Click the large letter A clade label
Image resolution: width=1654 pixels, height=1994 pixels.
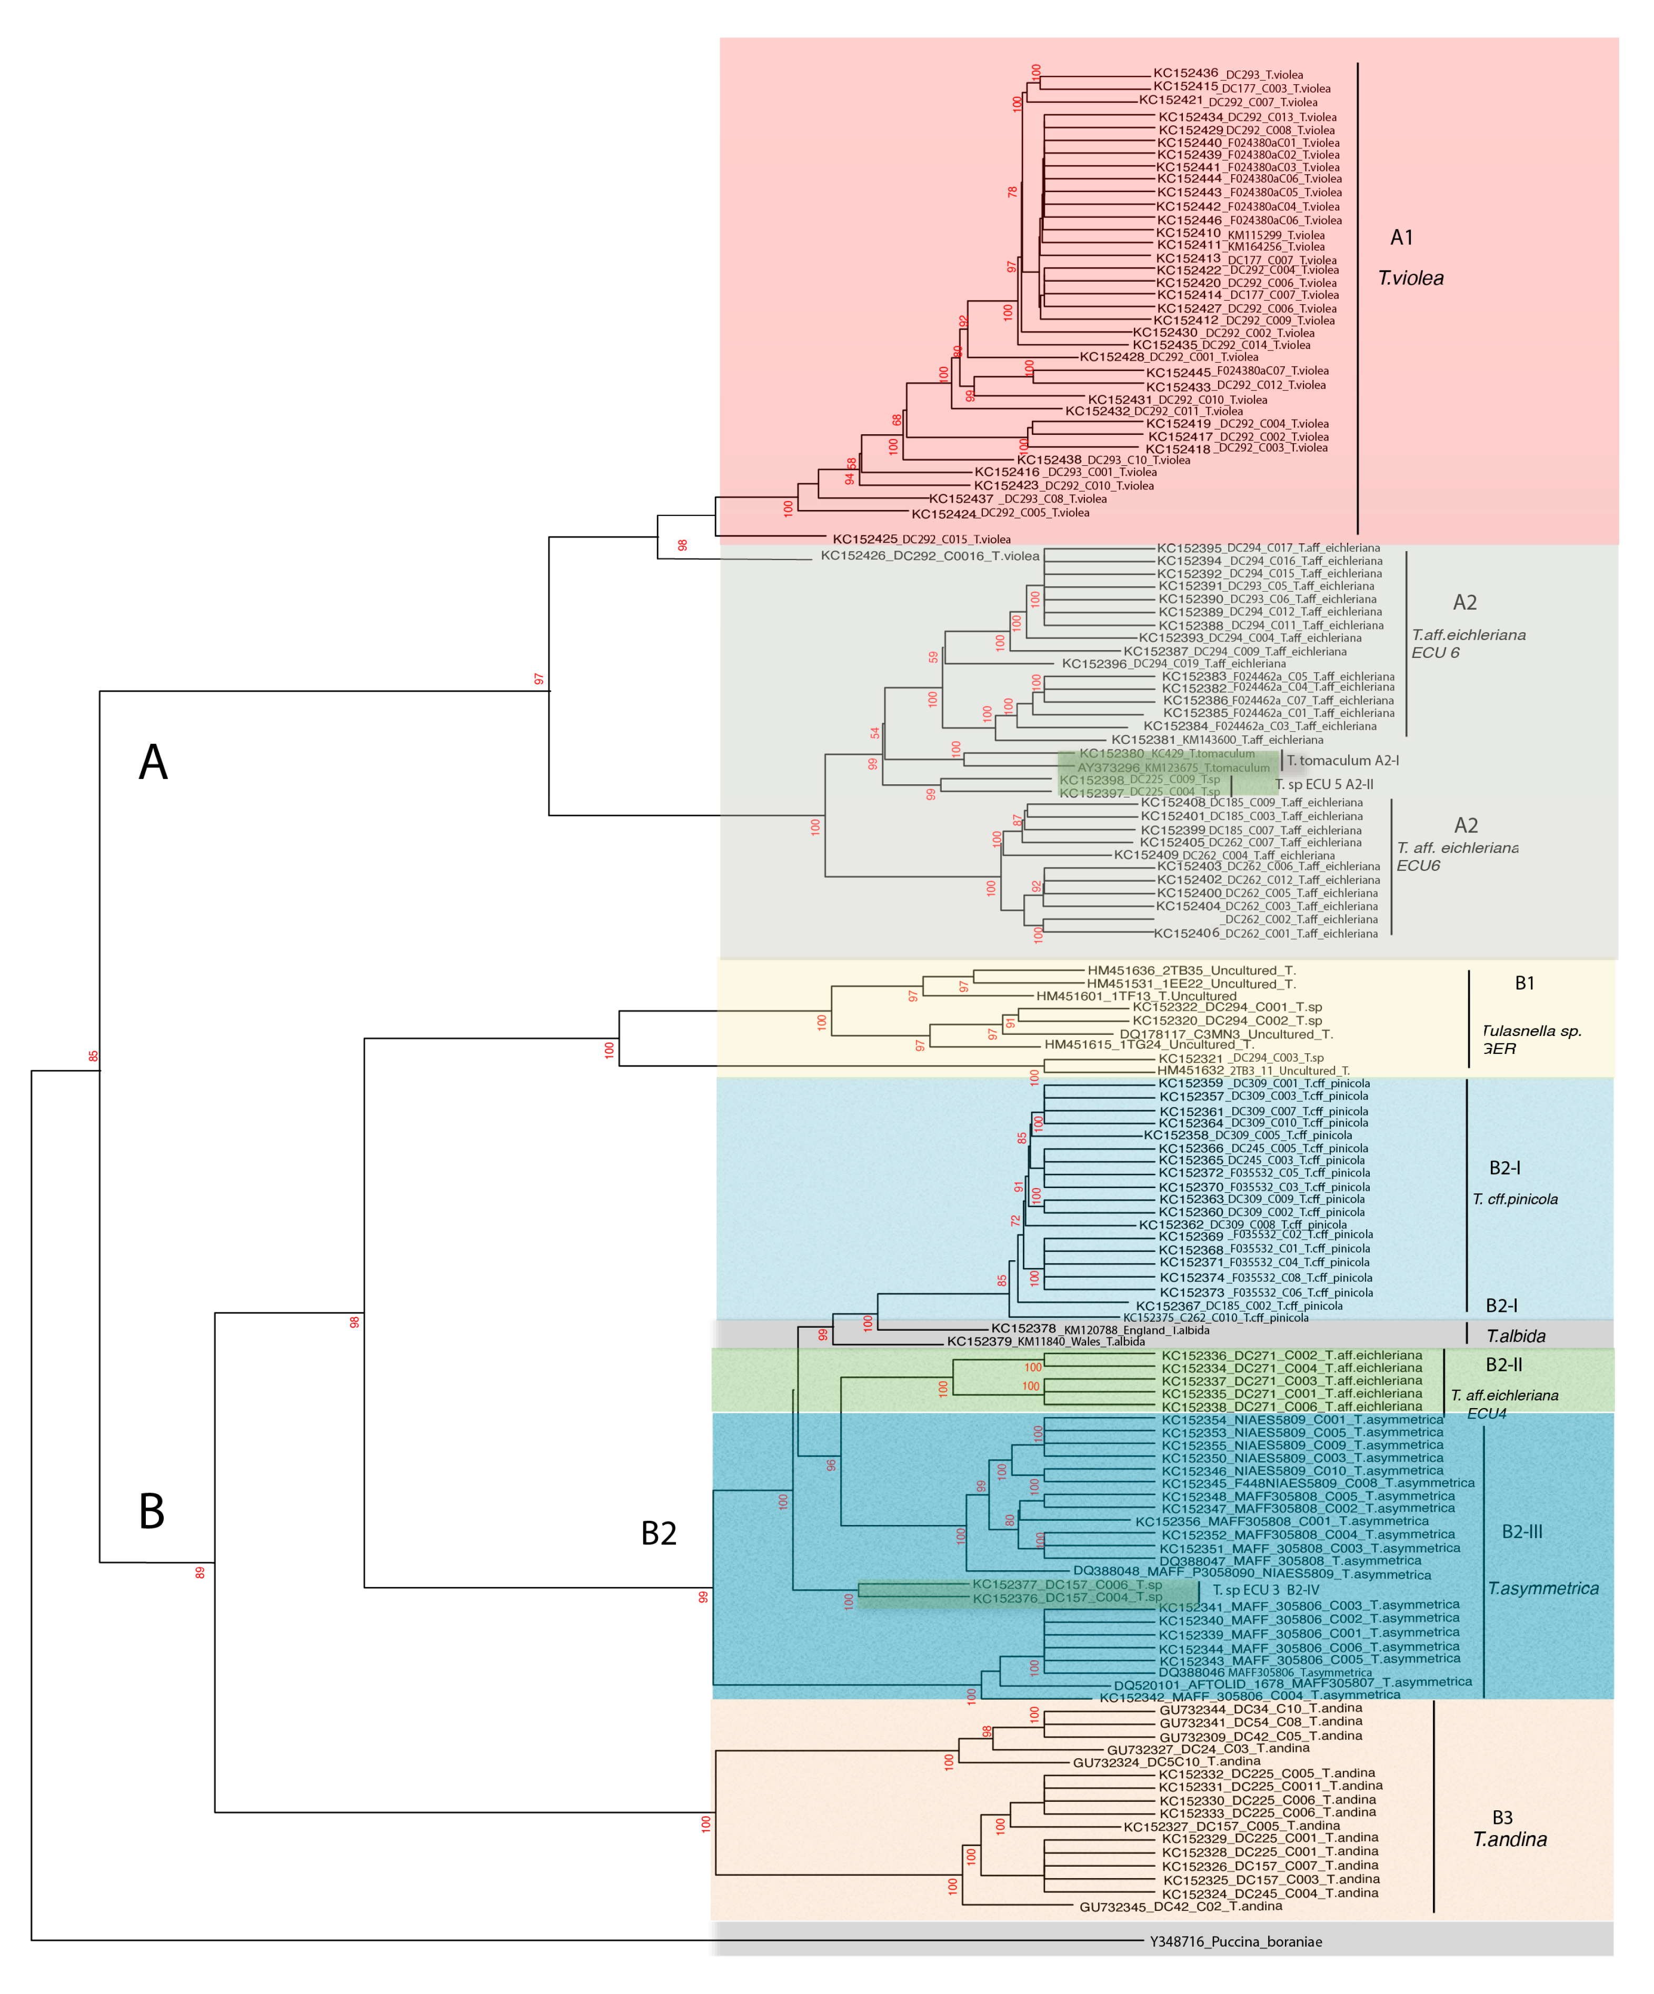(153, 762)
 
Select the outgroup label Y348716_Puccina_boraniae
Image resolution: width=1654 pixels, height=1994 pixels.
(1235, 1942)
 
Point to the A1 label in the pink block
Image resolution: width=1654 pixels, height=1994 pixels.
(1401, 237)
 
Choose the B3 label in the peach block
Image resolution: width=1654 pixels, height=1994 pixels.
(1502, 1817)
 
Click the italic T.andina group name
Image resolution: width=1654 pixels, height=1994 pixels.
(1510, 1839)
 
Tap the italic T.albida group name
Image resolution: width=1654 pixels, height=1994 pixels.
(1516, 1336)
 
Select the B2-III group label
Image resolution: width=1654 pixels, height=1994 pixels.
(1522, 1532)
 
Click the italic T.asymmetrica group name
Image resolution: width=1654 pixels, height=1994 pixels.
(1543, 1589)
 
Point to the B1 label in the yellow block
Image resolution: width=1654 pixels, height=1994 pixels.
(1524, 983)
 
